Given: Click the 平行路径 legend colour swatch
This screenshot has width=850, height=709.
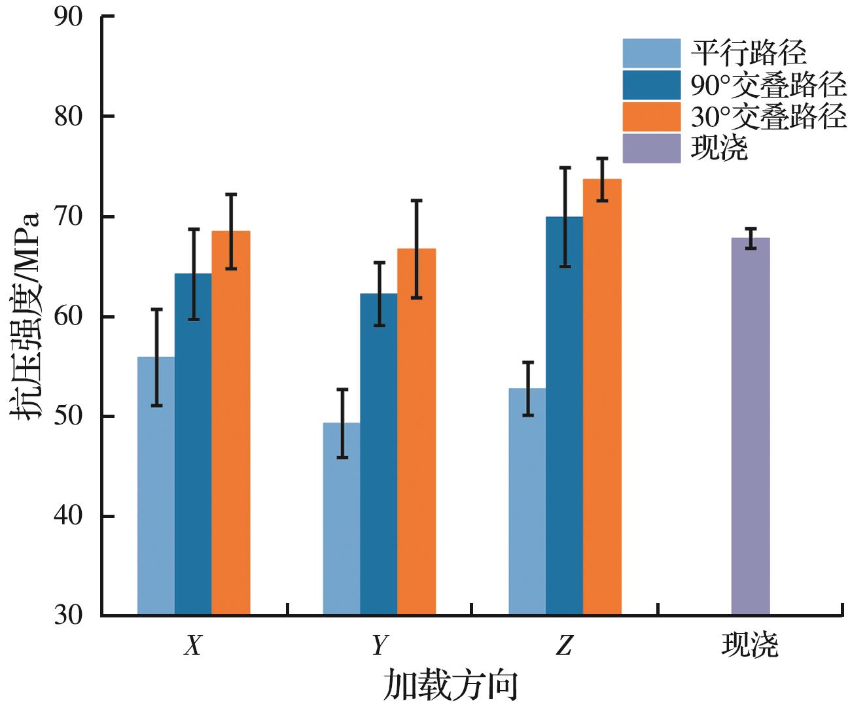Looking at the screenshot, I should pyautogui.click(x=652, y=53).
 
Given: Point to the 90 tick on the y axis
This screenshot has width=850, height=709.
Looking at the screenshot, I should pyautogui.click(x=68, y=16).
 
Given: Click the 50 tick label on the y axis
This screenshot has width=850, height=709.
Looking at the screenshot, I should pyautogui.click(x=68, y=416).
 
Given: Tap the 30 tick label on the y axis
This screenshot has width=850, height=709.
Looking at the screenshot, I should pyautogui.click(x=68, y=615).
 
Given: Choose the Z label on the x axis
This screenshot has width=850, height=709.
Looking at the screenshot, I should pyautogui.click(x=564, y=646).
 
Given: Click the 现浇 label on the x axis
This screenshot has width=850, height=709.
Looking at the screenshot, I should pyautogui.click(x=750, y=646).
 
